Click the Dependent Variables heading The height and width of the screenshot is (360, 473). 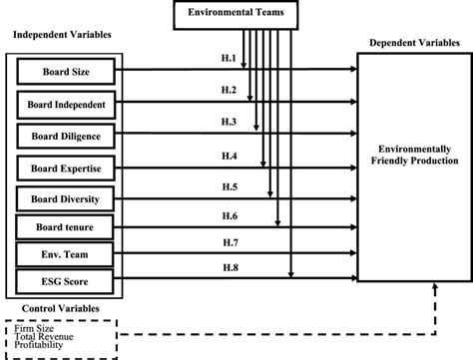coord(412,43)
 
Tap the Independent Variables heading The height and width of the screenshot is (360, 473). coord(61,36)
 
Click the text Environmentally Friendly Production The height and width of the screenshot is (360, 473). coord(413,154)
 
